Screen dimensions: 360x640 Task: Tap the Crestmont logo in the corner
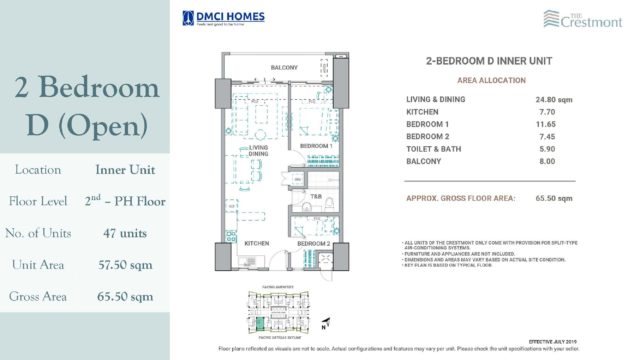coord(599,18)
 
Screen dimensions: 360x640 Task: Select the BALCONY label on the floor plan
coord(285,69)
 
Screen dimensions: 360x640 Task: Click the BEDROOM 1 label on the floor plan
coord(315,146)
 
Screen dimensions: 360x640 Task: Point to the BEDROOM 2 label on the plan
coord(313,243)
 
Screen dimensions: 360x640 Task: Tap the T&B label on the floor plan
coord(316,195)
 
